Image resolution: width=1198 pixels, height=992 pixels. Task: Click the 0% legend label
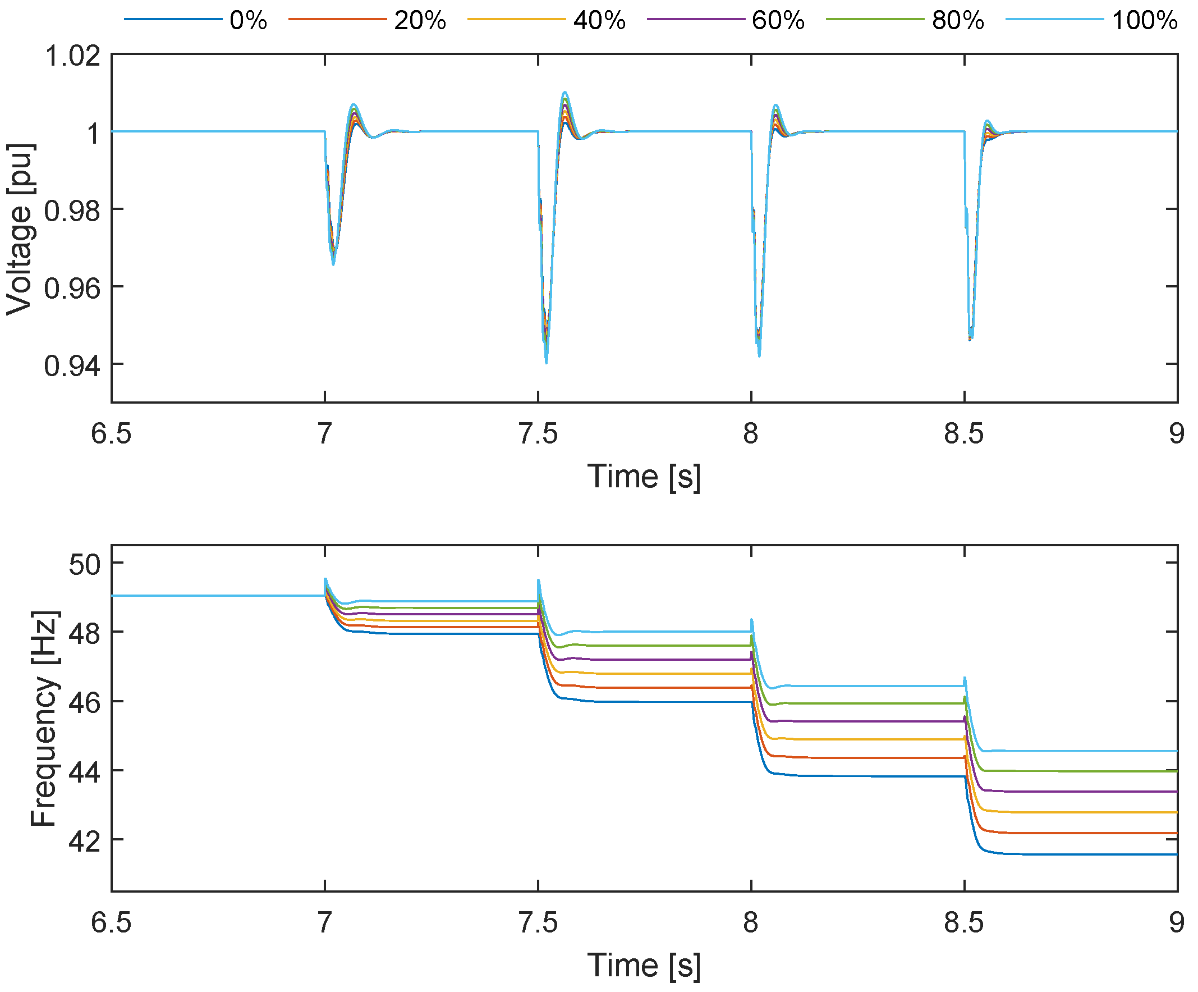[248, 21]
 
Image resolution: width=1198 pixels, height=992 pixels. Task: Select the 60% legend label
[778, 21]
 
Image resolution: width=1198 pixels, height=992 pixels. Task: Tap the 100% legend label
[1144, 21]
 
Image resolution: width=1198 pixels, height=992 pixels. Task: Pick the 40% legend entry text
[599, 21]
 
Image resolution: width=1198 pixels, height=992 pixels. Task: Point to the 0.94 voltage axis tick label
[72, 365]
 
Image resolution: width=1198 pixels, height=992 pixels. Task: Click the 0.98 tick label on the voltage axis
[72, 211]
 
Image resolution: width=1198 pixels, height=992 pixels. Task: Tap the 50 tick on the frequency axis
[84, 564]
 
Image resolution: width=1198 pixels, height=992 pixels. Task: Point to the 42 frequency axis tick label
[84, 842]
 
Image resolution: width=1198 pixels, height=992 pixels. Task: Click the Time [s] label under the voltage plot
[644, 477]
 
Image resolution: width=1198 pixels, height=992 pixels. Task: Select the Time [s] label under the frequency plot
[644, 965]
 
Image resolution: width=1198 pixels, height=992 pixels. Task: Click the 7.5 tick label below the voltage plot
[538, 435]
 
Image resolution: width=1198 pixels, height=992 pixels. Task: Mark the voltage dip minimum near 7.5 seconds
[546, 362]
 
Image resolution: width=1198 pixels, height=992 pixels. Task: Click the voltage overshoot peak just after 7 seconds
[354, 104]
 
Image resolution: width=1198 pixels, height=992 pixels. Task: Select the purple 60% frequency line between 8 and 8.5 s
[856, 721]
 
